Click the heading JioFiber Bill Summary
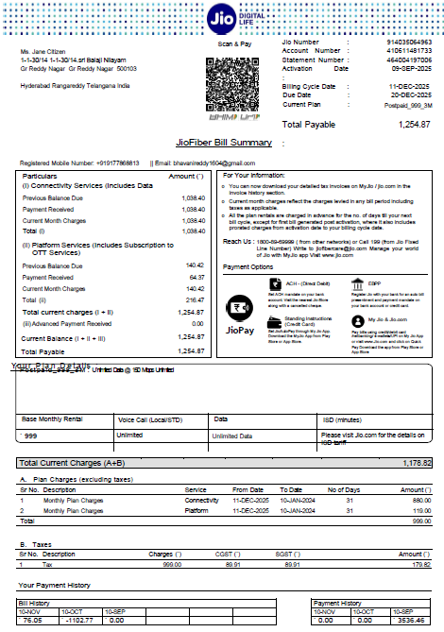pos(224,142)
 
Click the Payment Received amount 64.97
pos(195,278)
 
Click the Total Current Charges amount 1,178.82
pos(416,464)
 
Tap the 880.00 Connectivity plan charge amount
pos(418,500)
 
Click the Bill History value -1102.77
pos(76,621)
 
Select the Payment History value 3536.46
pos(408,621)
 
